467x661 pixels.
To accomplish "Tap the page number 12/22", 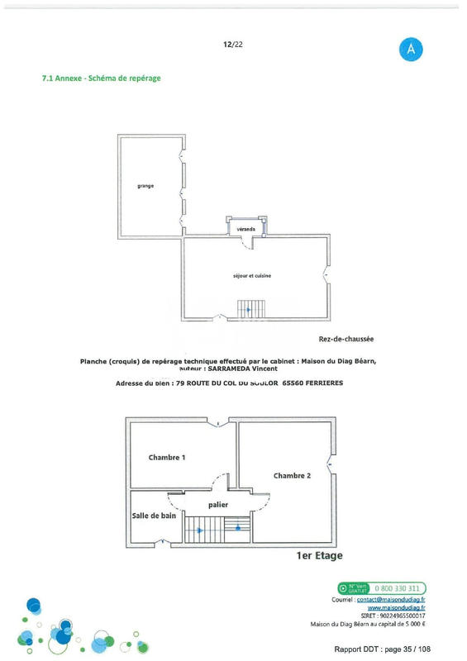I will coord(232,45).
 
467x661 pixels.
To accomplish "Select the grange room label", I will coord(145,186).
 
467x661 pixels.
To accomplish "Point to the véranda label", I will coord(246,227).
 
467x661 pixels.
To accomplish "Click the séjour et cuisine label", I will coord(252,275).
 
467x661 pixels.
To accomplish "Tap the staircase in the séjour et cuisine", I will coord(246,310).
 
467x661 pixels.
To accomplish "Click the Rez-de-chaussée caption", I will coord(346,338).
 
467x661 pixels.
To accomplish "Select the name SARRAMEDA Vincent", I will coord(236,369).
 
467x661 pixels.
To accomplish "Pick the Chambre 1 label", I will coord(166,457).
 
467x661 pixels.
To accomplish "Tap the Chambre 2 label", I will coord(292,476).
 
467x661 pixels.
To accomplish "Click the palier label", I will coord(218,504).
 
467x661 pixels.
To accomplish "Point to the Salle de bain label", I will coord(155,516).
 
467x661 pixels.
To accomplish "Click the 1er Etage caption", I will coord(319,556).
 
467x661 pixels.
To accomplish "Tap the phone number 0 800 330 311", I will coord(401,588).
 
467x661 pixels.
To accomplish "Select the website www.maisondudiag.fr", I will coord(402,607).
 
